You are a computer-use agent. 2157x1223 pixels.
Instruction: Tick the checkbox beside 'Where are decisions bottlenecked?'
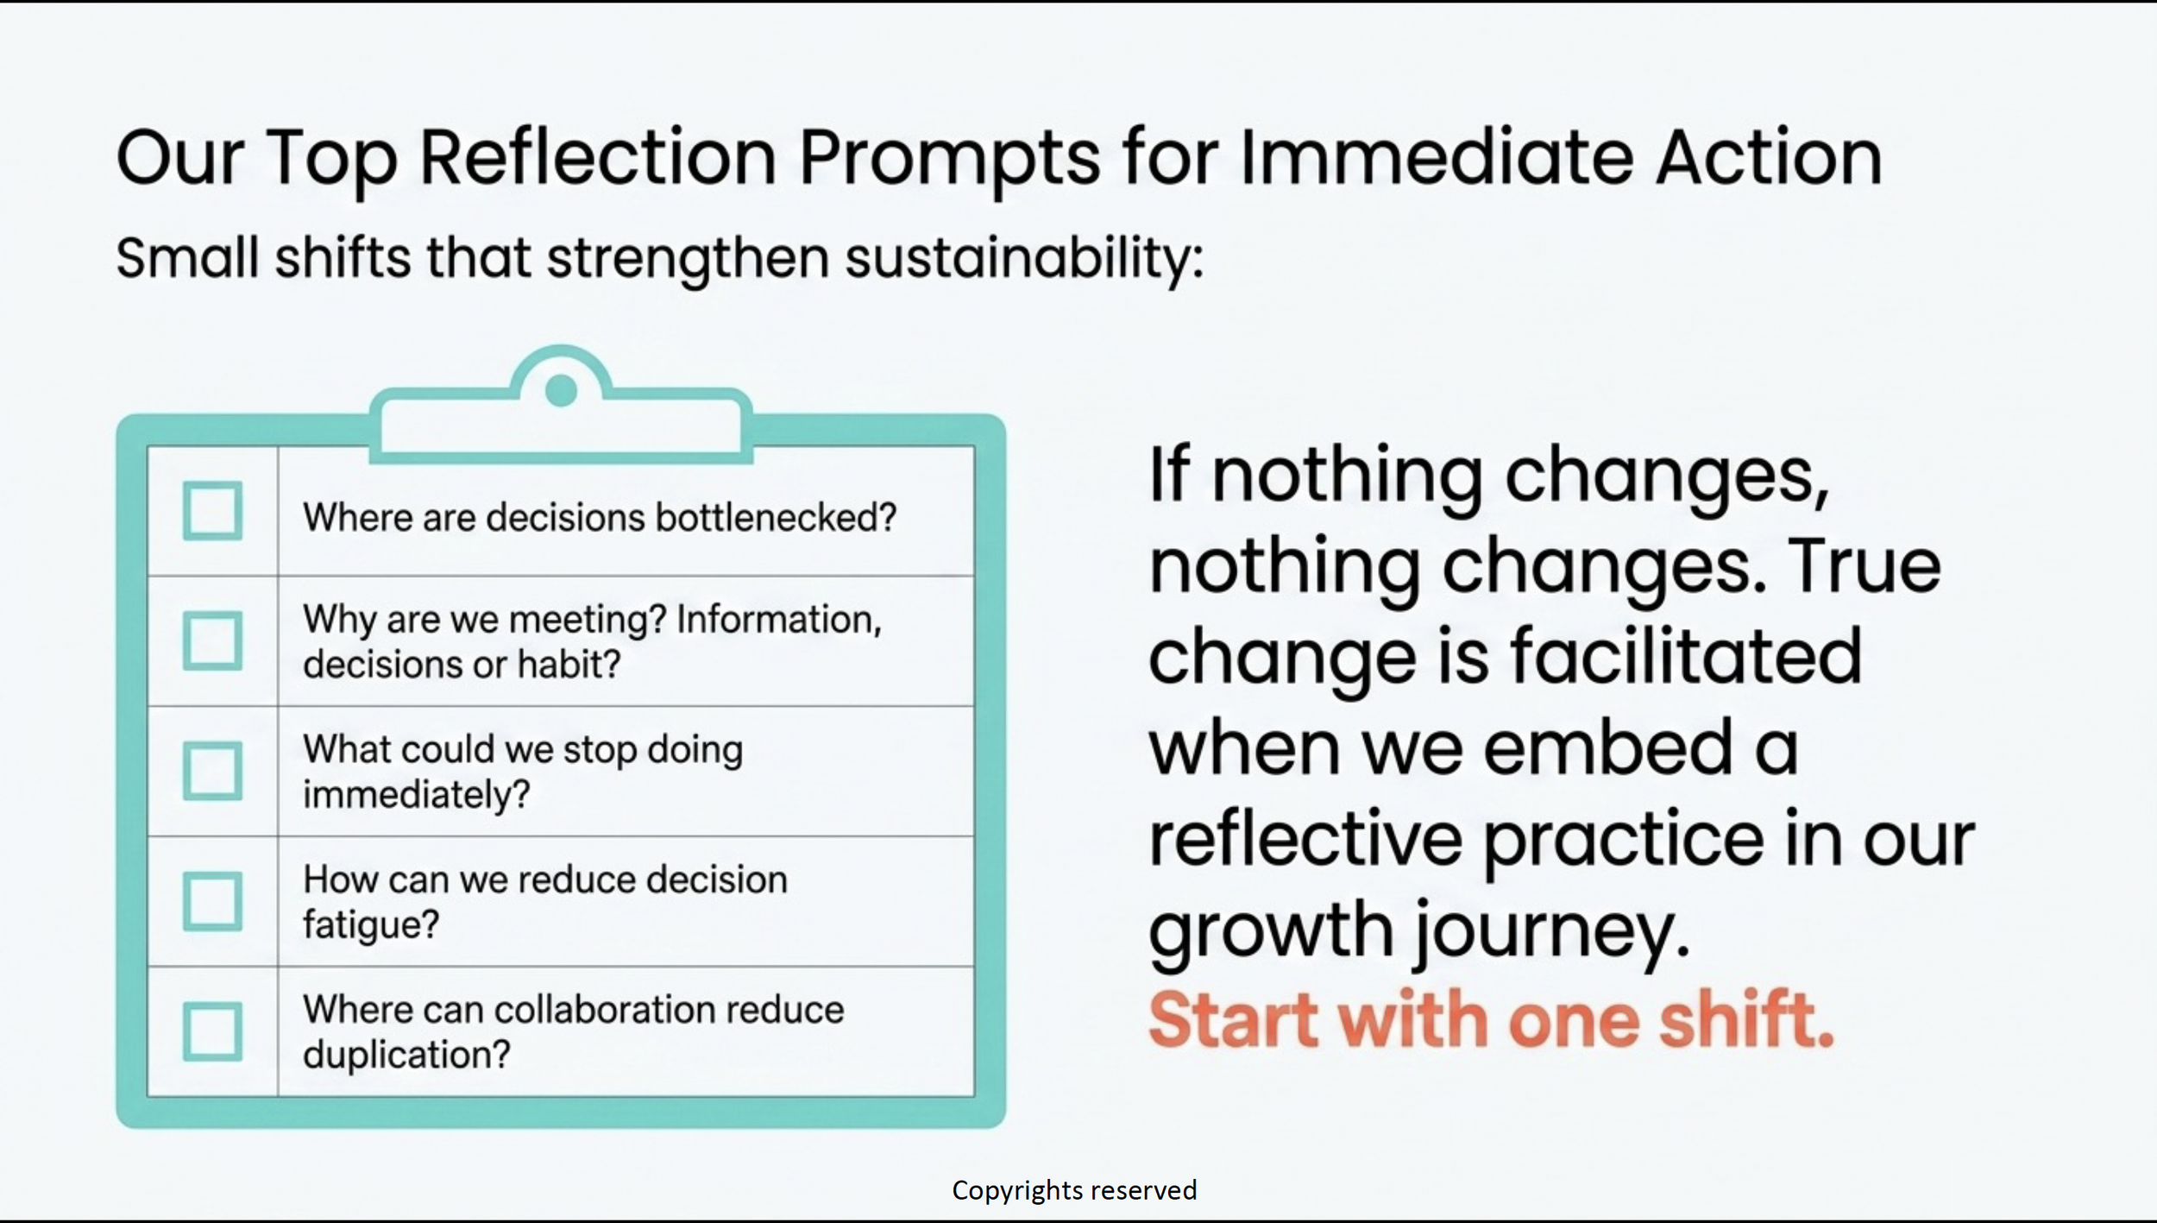coord(212,511)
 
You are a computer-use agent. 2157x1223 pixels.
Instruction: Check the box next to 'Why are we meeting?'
coord(212,641)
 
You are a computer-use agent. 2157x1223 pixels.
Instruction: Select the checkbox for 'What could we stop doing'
coord(212,771)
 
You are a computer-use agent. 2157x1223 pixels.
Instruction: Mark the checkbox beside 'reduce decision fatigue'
coord(212,901)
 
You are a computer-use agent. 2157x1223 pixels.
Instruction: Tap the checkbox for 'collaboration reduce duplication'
coord(212,1031)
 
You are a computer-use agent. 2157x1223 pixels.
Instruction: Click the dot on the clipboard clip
coord(562,390)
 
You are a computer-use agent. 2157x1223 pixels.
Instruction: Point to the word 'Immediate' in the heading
coord(1437,158)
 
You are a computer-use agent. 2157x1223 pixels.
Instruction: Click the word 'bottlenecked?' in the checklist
coord(776,518)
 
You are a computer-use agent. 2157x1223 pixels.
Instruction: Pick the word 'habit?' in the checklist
coord(569,665)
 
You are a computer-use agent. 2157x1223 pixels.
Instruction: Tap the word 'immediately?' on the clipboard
coord(416,795)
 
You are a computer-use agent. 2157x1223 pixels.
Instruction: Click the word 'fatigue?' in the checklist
coord(371,925)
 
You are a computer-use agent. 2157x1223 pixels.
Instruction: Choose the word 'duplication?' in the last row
coord(406,1055)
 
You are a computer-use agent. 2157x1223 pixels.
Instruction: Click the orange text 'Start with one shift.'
coord(1491,1019)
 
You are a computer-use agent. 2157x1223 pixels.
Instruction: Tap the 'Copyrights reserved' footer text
coord(1074,1190)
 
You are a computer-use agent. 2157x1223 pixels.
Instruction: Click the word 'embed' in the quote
coord(1608,747)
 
